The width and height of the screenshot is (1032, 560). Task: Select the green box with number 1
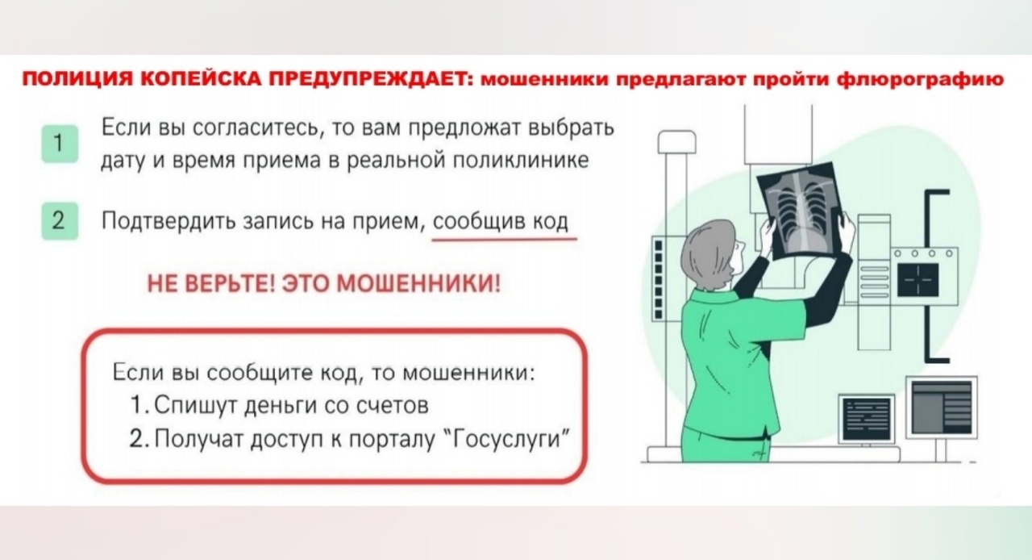(60, 144)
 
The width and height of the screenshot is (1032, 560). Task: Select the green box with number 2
(60, 221)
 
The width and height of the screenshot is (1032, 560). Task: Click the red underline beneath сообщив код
(505, 239)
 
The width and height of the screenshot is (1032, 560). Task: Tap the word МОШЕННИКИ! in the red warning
(418, 283)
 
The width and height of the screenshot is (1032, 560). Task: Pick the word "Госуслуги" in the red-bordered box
(508, 439)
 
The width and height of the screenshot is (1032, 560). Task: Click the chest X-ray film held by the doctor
(801, 210)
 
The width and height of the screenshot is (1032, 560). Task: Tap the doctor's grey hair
(706, 254)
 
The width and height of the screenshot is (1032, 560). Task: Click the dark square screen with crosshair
(918, 280)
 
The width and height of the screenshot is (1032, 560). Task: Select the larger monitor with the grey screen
(941, 407)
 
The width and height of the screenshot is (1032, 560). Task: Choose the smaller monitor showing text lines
(866, 419)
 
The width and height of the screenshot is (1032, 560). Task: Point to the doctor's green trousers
(726, 445)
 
